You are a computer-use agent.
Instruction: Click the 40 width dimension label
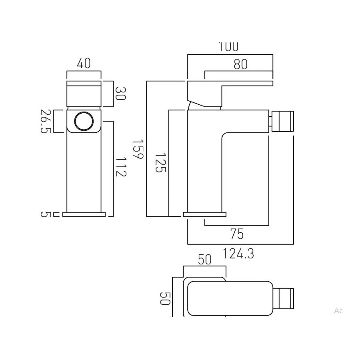pos(84,63)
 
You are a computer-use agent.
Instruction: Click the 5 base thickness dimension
pos(46,214)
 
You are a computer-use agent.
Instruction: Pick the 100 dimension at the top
pos(228,47)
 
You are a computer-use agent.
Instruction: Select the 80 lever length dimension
pos(240,64)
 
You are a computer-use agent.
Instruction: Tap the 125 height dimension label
pos(160,162)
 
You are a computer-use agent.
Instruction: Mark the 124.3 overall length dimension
pos(238,254)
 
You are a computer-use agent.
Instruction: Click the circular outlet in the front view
pos(84,121)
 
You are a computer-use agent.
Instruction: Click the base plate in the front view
pos(84,214)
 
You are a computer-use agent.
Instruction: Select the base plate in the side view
pos(204,214)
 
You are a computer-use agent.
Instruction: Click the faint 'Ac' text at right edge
pos(338,310)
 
